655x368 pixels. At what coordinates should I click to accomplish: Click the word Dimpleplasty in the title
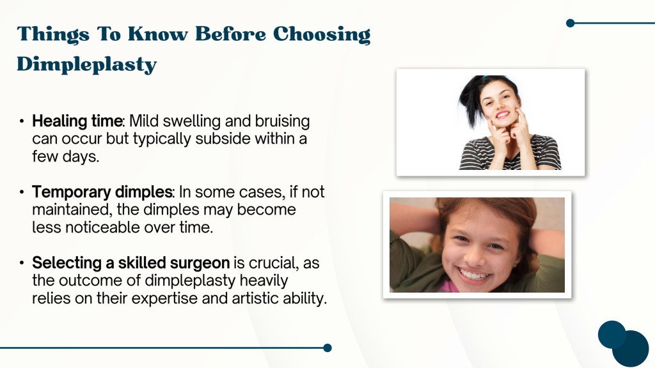click(x=87, y=65)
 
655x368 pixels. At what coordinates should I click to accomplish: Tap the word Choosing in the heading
click(x=322, y=34)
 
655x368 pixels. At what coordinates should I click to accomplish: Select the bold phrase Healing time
click(x=77, y=121)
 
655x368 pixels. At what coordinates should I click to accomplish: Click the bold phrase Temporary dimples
click(x=102, y=192)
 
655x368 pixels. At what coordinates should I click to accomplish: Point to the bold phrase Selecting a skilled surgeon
click(x=130, y=263)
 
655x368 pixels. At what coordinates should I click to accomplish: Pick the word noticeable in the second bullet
click(x=102, y=227)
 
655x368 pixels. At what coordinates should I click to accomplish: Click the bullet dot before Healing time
click(x=22, y=121)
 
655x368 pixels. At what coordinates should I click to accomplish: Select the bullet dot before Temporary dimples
click(x=22, y=192)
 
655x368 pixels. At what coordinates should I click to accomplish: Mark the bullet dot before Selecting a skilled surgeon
click(x=22, y=263)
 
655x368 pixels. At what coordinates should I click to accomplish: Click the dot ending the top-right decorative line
click(x=570, y=23)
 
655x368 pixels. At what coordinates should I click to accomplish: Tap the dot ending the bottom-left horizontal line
click(x=327, y=348)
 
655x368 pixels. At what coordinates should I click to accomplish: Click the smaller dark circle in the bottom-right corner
click(x=612, y=334)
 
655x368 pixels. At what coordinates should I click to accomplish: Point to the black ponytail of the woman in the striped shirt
click(x=470, y=100)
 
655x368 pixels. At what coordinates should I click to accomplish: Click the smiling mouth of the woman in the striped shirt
click(x=503, y=114)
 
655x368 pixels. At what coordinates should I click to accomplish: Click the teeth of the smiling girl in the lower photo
click(x=475, y=275)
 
